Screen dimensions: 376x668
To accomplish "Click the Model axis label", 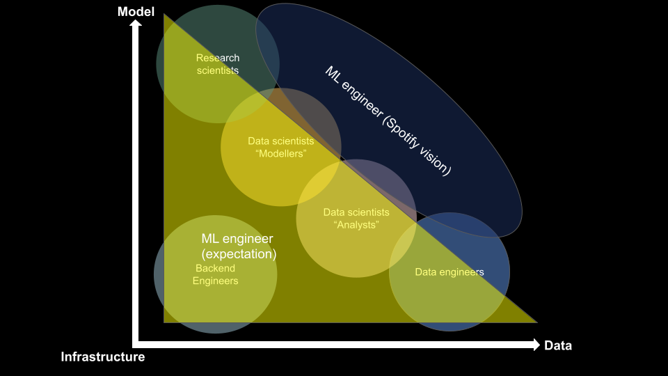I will point(136,11).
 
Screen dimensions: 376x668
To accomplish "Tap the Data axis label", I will point(557,345).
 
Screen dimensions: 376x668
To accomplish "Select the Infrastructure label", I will point(103,357).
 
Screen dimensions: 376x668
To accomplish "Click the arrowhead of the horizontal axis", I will point(536,345).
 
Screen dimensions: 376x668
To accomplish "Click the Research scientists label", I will point(217,64).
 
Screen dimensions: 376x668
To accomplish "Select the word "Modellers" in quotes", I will point(281,153).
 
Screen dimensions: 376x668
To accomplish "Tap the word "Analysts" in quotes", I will point(356,225).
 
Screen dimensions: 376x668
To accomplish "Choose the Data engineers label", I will point(449,272).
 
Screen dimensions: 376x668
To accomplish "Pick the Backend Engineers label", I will point(215,274).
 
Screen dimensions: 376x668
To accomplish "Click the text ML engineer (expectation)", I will point(238,246).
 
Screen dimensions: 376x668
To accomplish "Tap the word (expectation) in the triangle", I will point(239,254).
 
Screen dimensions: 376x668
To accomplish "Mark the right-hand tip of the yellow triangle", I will point(536,322).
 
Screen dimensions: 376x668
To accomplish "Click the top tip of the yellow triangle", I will point(165,15).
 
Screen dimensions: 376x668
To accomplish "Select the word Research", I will point(217,58).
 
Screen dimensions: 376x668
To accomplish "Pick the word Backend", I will point(215,268).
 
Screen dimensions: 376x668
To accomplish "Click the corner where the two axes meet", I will point(136,344).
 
